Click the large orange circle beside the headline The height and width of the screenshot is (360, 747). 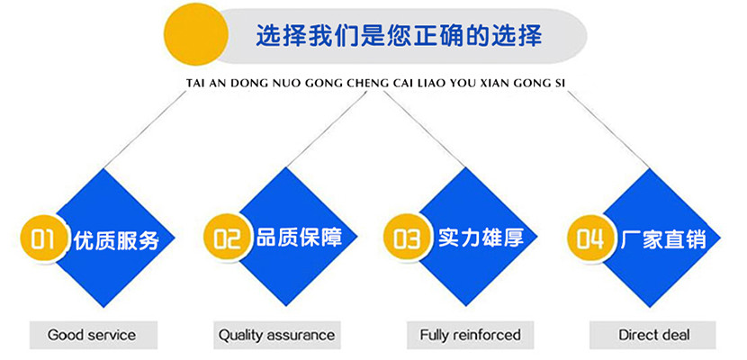pos(196,33)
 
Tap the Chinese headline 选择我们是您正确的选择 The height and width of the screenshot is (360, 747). pos(400,35)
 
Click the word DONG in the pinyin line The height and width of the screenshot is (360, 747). pos(243,84)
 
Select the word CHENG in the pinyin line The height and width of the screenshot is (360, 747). pos(375,84)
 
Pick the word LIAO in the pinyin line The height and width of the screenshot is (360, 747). pos(431,84)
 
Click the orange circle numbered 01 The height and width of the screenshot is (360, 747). pos(44,238)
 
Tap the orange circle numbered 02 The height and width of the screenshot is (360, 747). pos(227,237)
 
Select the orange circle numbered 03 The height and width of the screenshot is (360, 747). pos(408,238)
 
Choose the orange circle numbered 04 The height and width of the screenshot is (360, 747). pos(590,238)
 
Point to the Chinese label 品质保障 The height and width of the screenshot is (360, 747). pos(299,237)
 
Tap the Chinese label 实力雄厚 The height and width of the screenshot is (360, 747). pos(481,237)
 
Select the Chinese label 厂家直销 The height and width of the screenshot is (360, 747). pos(663,238)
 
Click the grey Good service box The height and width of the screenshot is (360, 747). pos(94,335)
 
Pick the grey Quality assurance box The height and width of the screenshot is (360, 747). pos(277,335)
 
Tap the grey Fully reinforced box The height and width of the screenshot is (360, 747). pos(470,335)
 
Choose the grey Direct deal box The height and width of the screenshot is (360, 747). pos(653,335)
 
